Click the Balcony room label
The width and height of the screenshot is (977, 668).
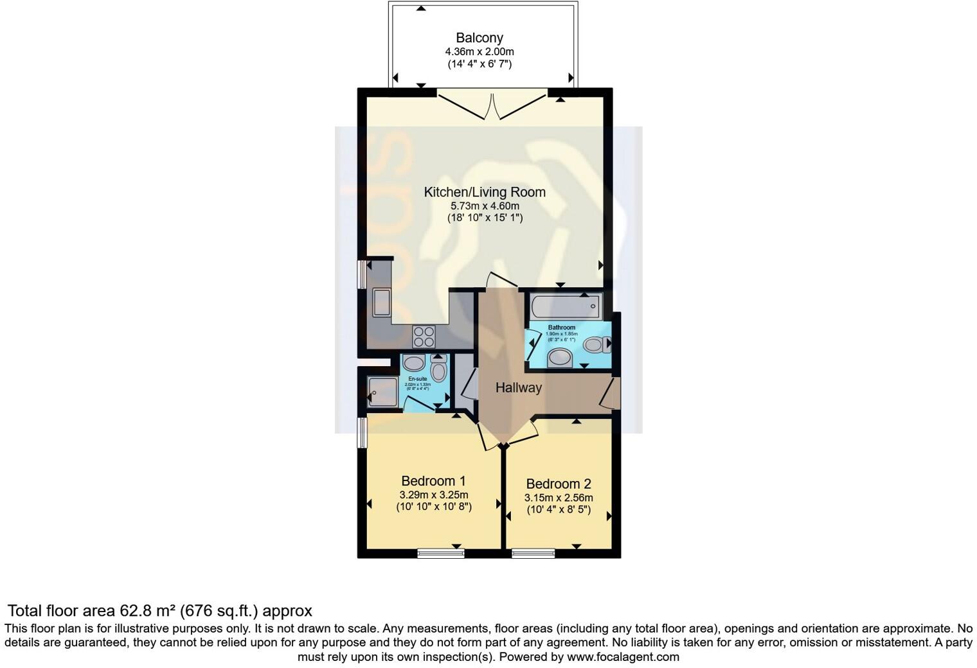coord(479,39)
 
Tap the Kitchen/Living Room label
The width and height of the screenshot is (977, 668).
coord(485,192)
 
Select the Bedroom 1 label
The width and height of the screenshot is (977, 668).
coord(433,481)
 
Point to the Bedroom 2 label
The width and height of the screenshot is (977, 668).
coord(558,484)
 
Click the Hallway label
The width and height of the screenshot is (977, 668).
coord(518,388)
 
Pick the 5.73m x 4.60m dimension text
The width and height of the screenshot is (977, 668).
coord(485,206)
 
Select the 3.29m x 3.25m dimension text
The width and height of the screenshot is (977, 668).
coord(433,495)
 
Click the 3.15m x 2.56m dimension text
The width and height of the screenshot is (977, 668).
coord(558,498)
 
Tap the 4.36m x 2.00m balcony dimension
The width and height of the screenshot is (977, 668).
coord(479,52)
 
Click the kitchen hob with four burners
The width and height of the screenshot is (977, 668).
coord(424,337)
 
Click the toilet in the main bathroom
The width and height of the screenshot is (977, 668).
coord(596,345)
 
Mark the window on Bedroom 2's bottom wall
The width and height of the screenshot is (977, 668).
coord(533,552)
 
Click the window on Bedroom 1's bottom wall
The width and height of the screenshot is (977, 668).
coord(440,552)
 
